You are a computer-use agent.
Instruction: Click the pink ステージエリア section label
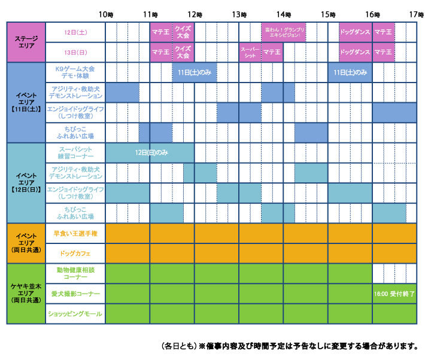tap(26, 42)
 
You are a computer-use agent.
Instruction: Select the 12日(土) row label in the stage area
tap(75, 32)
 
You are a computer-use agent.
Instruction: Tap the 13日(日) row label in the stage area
tap(75, 52)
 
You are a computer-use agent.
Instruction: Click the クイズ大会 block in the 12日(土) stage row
tap(183, 32)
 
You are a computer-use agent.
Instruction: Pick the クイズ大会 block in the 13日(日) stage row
tap(183, 52)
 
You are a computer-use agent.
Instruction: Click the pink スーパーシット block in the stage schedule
tap(250, 52)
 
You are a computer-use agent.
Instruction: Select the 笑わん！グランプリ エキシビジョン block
tap(284, 32)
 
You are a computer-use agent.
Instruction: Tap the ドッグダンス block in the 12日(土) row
tap(354, 32)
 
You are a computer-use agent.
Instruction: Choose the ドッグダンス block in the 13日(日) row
tap(354, 52)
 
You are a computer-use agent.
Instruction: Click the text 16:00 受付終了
tap(394, 294)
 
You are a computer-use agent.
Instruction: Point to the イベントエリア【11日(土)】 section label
tap(26, 102)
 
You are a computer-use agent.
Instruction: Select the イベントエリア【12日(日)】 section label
tap(26, 182)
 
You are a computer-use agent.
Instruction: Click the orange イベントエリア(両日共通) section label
tap(26, 243)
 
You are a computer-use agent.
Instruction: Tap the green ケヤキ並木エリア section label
tap(26, 294)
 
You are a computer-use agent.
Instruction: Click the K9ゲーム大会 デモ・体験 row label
tap(75, 72)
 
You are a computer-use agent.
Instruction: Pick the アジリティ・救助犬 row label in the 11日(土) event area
tap(75, 92)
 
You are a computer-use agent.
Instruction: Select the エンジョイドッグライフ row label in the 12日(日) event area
tap(75, 193)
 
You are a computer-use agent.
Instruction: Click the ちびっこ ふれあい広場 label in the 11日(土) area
tap(75, 132)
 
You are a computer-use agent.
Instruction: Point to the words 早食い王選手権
tap(75, 233)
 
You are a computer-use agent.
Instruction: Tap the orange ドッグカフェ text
tap(75, 254)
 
